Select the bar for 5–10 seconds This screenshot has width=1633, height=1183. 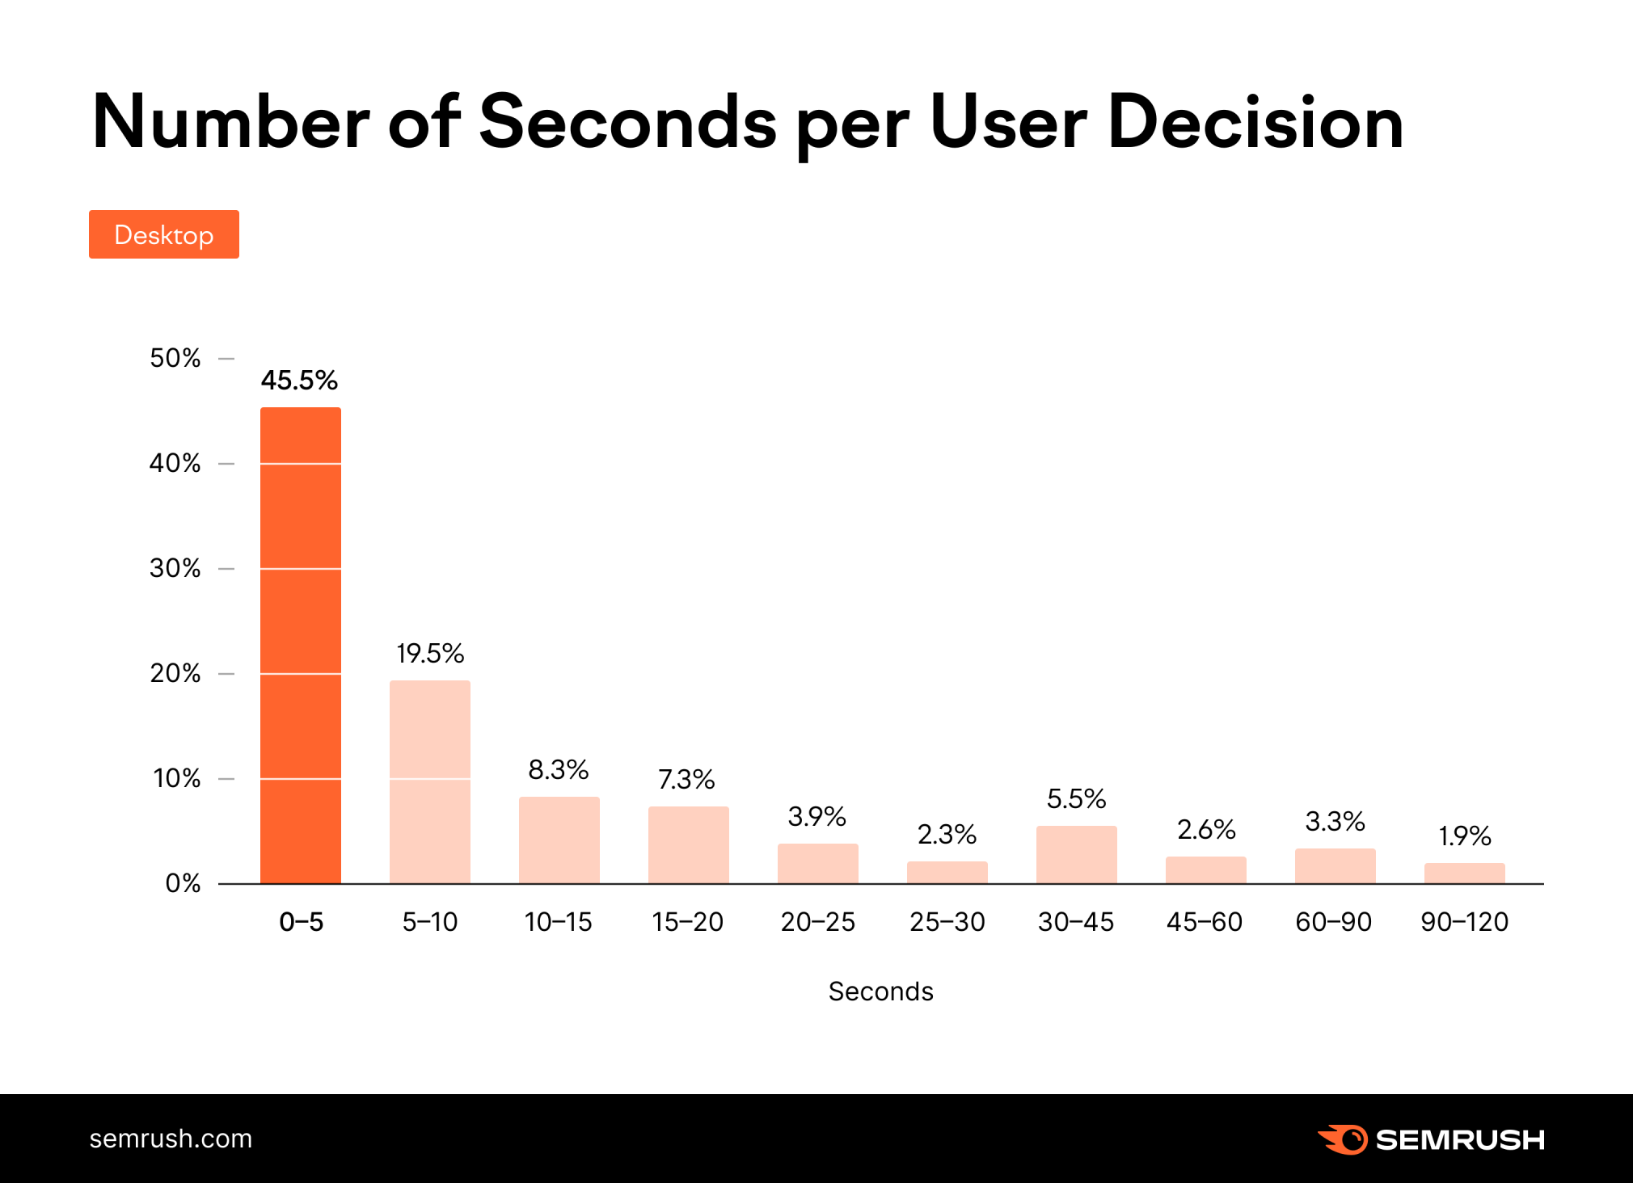click(429, 781)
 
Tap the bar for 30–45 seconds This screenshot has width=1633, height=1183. click(1076, 854)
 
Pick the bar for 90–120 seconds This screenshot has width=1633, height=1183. click(1464, 874)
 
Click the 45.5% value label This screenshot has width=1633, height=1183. click(299, 380)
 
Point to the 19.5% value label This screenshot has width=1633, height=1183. click(430, 653)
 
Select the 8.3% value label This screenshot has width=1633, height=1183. click(558, 769)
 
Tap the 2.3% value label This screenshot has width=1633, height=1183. click(947, 834)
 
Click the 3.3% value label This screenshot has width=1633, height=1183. click(1335, 822)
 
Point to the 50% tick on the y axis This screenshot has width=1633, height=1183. click(175, 358)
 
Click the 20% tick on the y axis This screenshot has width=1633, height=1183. click(175, 673)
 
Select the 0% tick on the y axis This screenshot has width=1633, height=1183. click(183, 883)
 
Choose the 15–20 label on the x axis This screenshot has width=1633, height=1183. click(687, 921)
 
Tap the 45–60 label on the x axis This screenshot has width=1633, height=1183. click(1205, 921)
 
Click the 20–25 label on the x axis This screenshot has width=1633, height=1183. click(817, 921)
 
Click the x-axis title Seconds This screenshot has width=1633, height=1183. click(880, 991)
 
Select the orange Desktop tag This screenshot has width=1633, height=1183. click(164, 234)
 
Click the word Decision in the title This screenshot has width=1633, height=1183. click(1255, 123)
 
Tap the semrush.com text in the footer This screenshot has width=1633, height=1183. click(171, 1139)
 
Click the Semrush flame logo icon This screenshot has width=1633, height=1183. click(1343, 1139)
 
